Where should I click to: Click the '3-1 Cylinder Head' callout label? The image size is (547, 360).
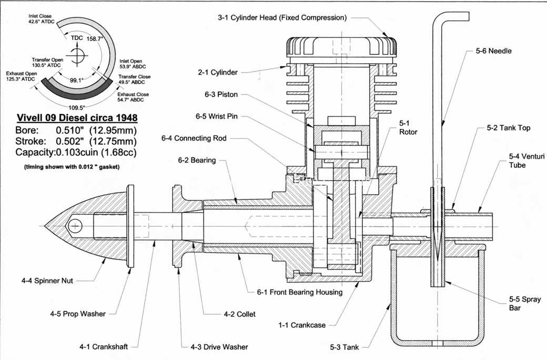(x=282, y=17)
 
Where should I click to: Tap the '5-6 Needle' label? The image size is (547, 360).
(x=494, y=51)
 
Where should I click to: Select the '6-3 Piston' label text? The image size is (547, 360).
(x=221, y=94)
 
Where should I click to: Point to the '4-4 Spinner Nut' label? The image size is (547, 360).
(x=47, y=281)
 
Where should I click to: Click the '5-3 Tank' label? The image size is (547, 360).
(x=345, y=347)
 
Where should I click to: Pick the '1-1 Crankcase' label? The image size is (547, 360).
(x=302, y=325)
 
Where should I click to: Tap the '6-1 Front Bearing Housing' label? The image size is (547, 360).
(x=300, y=292)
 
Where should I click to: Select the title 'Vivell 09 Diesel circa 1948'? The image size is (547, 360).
(x=77, y=118)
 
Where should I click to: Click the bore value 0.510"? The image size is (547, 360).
(x=70, y=130)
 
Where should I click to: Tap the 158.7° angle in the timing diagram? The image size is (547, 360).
(x=95, y=39)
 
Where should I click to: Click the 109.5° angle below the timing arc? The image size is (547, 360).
(x=77, y=107)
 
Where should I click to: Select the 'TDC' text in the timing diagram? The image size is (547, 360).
(x=77, y=38)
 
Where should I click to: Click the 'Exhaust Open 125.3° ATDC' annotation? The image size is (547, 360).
(x=21, y=76)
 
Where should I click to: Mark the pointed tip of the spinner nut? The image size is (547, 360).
(x=45, y=226)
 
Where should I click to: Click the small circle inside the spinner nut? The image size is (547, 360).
(x=75, y=226)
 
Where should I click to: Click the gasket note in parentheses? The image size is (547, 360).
(x=72, y=167)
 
